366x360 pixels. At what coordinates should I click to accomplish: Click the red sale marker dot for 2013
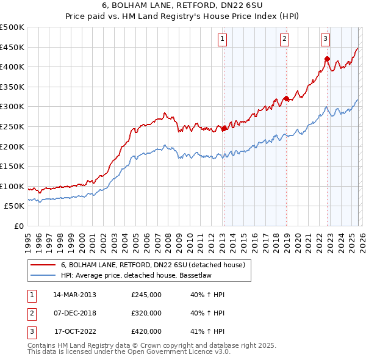[x=224, y=128]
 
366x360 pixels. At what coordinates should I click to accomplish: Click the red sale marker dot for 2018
[x=286, y=98]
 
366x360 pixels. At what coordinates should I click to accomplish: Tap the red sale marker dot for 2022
[x=327, y=59]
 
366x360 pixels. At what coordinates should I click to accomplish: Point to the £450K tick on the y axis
[x=13, y=47]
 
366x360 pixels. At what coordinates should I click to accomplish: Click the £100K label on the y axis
[x=13, y=186]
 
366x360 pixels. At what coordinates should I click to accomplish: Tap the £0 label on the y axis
[x=19, y=226]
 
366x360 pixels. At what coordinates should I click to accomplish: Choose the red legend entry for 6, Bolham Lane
[x=152, y=265]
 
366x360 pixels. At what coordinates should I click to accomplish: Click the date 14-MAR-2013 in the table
[x=74, y=295]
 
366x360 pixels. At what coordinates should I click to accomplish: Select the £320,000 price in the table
[x=146, y=313]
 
